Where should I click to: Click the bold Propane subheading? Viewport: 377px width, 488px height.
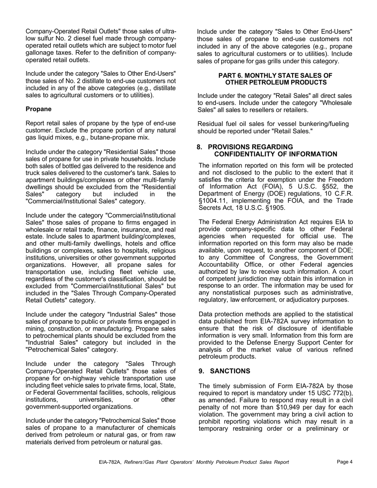tap(38, 109)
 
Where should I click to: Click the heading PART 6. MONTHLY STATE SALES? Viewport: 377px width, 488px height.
tap(275, 75)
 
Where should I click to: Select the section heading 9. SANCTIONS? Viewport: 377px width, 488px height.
tap(225, 371)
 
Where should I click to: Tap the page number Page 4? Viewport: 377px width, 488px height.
tap(344, 462)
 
